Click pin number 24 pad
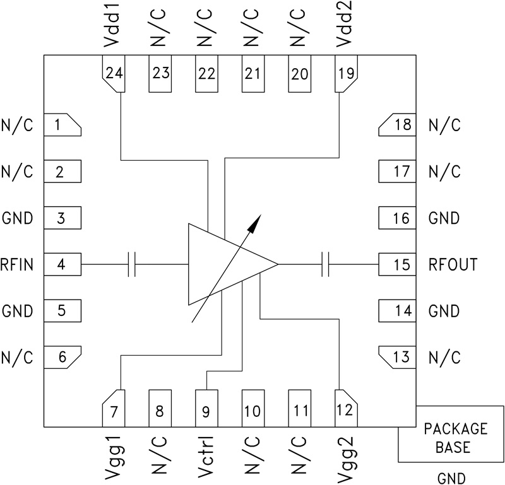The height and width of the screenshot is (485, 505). click(x=114, y=73)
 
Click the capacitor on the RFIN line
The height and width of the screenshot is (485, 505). click(x=132, y=265)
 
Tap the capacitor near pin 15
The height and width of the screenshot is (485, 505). click(x=326, y=265)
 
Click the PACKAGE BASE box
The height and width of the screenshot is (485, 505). click(x=454, y=438)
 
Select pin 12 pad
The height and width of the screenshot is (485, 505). click(x=345, y=410)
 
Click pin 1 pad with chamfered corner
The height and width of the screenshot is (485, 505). click(x=62, y=125)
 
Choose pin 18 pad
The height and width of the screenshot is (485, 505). click(x=398, y=125)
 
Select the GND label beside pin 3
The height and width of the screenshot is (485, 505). click(x=17, y=219)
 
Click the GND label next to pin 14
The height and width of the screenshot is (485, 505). click(x=444, y=311)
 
